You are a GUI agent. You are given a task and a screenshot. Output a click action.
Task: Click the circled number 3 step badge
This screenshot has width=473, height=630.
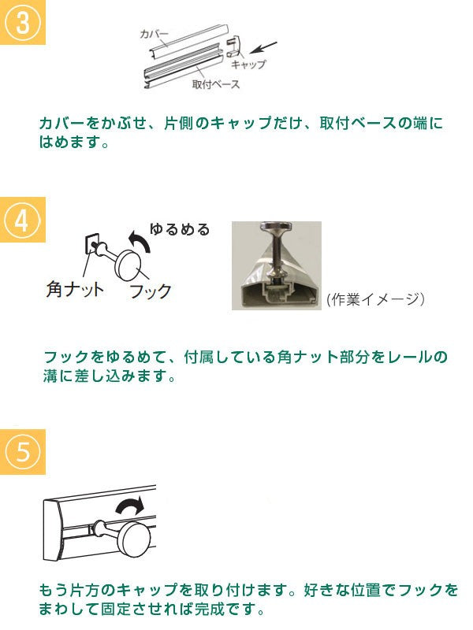[x=23, y=22]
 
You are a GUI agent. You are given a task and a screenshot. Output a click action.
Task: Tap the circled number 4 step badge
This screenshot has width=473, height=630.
[x=23, y=220]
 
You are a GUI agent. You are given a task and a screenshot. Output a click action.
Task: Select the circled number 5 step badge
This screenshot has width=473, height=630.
[x=23, y=451]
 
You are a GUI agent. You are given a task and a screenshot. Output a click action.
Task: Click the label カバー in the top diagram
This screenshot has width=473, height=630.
[x=154, y=34]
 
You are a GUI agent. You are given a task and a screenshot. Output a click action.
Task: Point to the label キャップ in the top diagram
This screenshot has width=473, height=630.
[x=249, y=65]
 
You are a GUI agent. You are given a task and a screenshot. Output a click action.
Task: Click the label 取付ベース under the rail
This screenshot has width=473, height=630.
[x=215, y=84]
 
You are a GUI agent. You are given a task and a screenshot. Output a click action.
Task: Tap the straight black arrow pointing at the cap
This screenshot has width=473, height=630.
[x=263, y=47]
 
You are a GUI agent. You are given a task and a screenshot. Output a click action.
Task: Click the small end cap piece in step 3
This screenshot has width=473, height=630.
[x=233, y=46]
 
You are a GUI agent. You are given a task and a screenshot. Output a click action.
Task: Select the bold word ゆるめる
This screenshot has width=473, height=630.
[x=180, y=229]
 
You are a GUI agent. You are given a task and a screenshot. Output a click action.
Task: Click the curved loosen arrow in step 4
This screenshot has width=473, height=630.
[x=140, y=241]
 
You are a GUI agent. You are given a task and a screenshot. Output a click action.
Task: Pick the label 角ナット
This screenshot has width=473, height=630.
[x=75, y=289]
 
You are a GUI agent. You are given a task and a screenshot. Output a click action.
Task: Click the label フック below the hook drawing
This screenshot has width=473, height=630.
[x=151, y=291]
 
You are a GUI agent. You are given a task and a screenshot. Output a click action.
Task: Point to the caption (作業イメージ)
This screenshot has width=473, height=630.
[x=375, y=299]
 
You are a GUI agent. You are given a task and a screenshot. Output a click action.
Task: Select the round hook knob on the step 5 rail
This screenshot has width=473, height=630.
[x=136, y=539]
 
